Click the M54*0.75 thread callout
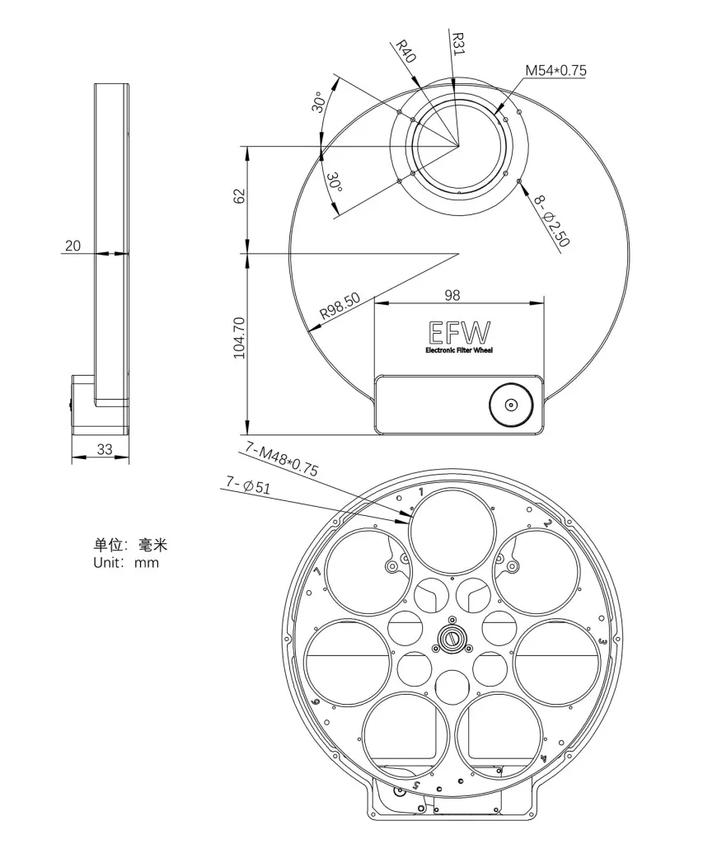pos(555,71)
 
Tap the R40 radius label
pos(405,50)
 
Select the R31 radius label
pos(457,43)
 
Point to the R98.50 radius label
pos(340,307)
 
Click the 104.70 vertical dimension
pos(239,337)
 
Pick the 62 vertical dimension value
pos(239,195)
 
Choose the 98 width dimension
pos(452,295)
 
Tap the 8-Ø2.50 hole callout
pos(551,221)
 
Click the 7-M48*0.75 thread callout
pos(282,458)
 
